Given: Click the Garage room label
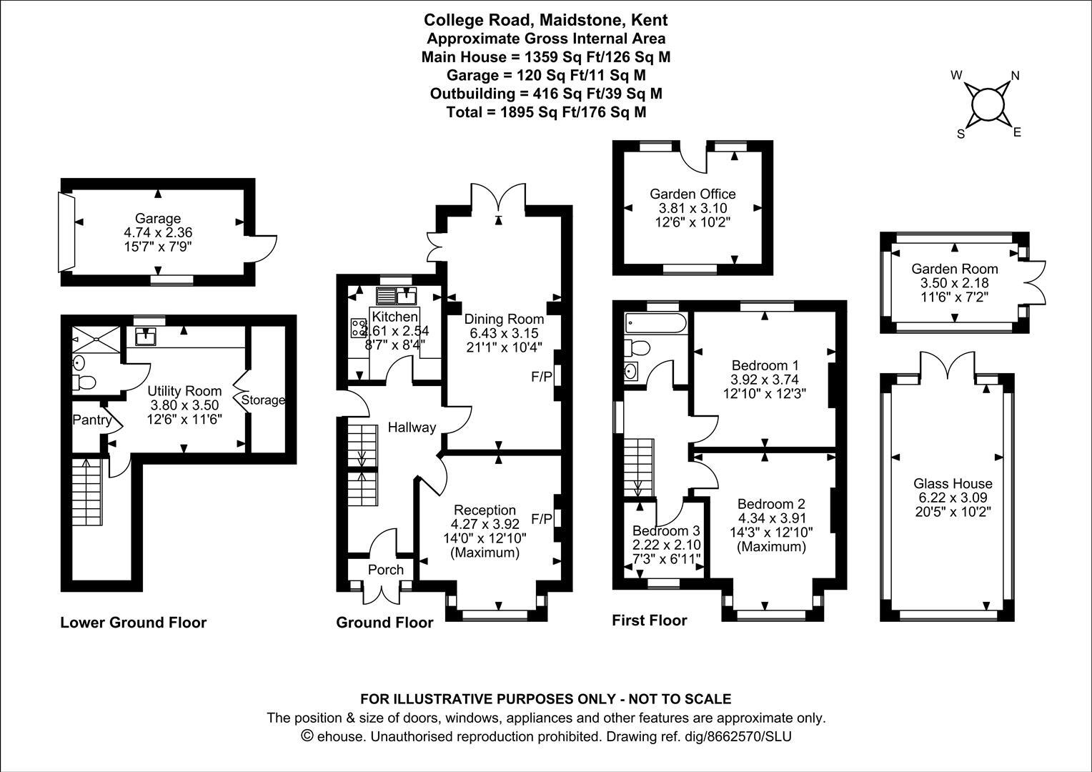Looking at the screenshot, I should point(158,219).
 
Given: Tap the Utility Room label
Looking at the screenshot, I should point(184,391).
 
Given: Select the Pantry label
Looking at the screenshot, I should point(91,420).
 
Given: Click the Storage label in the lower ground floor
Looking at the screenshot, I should point(263,400).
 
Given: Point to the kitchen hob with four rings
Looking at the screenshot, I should point(358,328).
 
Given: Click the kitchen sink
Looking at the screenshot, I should point(396,295).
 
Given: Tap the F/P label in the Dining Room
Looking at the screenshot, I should point(542,377).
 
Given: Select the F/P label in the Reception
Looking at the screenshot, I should point(542,518).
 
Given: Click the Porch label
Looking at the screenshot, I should point(385,570).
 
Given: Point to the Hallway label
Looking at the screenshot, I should point(412,427).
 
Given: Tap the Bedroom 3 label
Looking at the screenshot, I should point(666,531).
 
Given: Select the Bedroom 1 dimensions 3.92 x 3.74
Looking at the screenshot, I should point(764,380).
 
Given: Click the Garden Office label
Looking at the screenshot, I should point(692,194).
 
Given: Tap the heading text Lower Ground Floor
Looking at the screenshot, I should point(133,623).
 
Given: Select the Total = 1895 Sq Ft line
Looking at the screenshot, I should point(546,112).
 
